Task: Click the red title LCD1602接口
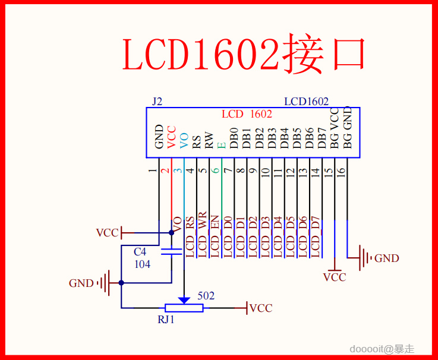point(244,55)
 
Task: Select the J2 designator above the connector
point(157,102)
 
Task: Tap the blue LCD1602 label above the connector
point(306,102)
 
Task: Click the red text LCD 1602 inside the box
point(247,114)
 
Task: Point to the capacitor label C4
point(140,252)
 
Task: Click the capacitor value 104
point(142,264)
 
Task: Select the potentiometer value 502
point(206,296)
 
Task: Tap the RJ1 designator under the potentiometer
point(166,319)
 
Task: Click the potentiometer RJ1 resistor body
point(184,308)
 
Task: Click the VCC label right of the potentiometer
point(261,308)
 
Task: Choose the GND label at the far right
point(386,258)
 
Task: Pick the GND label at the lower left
point(81,283)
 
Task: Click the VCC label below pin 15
point(335,277)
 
